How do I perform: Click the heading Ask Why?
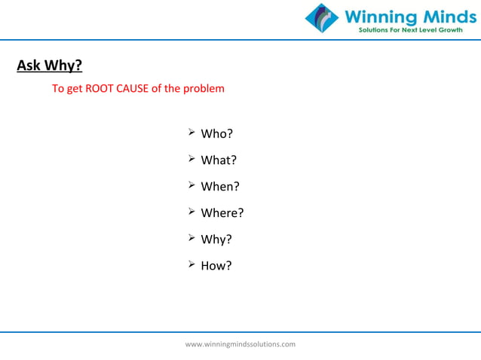pos(50,66)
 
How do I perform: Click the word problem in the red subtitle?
pos(204,89)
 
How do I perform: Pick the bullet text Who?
pos(216,134)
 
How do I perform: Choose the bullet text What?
pos(219,160)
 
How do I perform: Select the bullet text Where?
pos(222,213)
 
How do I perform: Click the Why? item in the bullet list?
pos(216,239)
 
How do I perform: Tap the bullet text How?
pos(216,266)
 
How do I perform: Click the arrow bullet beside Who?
pos(191,133)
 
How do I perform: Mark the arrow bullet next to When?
pos(191,186)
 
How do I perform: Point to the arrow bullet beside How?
pos(191,265)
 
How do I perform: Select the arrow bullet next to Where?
pos(191,212)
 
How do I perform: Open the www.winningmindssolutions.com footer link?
pos(240,344)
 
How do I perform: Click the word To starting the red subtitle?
pos(57,89)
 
